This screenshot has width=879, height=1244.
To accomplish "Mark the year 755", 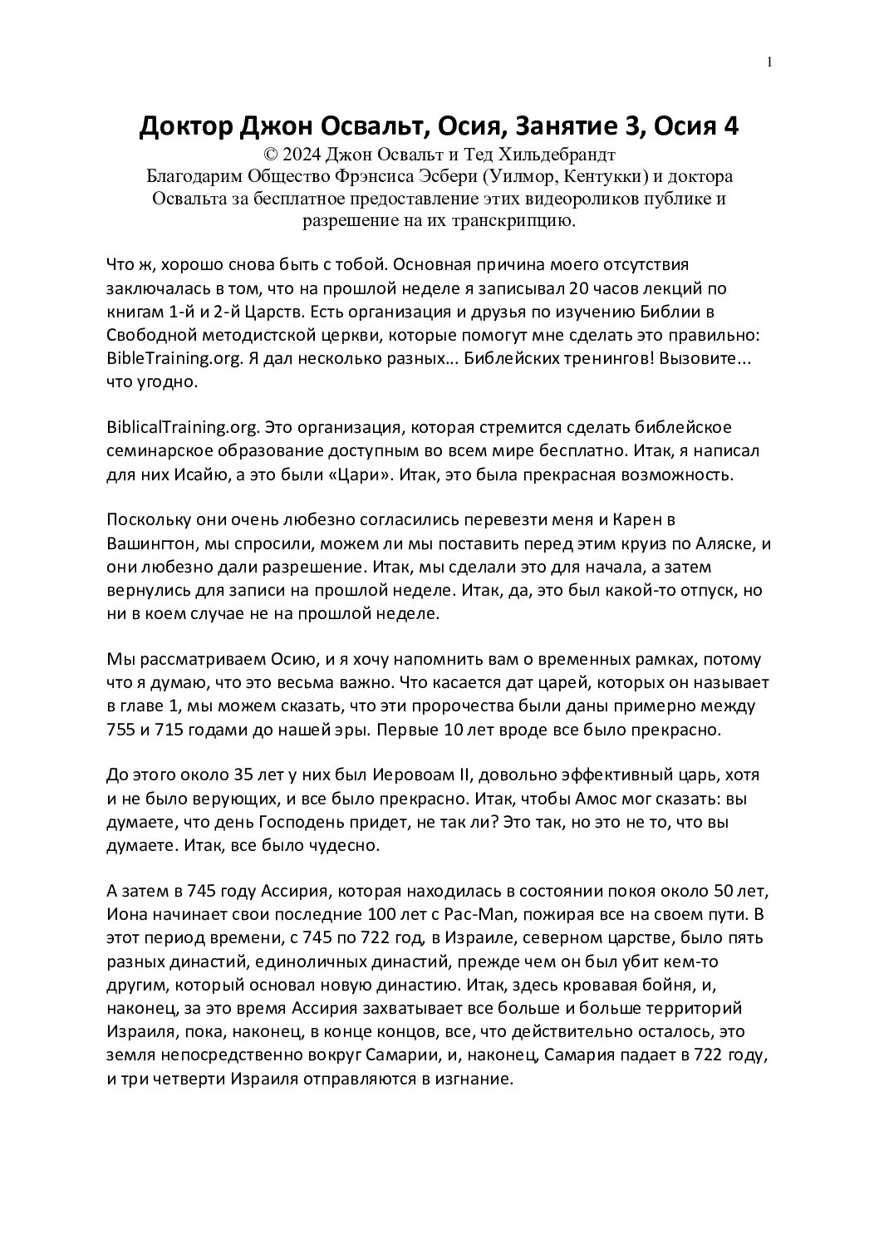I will click(x=122, y=731).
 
